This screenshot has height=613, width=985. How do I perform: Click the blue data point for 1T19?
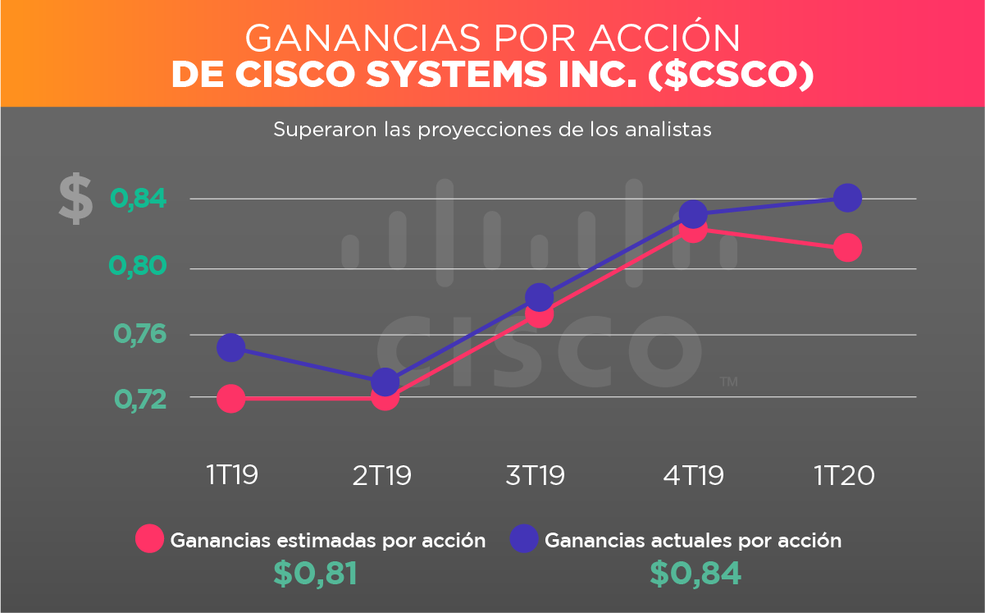[231, 348]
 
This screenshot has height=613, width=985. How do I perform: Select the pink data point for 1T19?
[231, 399]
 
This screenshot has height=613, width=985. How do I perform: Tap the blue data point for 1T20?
[847, 197]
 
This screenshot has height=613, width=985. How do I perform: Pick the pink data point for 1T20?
[847, 247]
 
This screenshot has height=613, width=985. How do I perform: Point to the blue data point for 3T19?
[539, 297]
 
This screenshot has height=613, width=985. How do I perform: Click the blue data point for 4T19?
[693, 214]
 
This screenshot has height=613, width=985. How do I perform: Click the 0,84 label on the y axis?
[139, 199]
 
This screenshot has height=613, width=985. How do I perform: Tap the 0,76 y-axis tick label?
[139, 334]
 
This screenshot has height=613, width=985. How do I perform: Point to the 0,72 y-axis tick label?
[139, 399]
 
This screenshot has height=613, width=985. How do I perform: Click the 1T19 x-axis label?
[232, 475]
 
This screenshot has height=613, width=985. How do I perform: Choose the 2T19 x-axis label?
[382, 475]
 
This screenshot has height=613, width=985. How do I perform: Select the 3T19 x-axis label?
[536, 475]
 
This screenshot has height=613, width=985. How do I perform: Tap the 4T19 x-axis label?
[694, 475]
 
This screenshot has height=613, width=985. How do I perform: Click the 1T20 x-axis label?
[844, 475]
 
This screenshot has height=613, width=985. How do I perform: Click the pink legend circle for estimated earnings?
[150, 539]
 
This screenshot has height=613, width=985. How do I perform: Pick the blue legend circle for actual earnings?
[524, 539]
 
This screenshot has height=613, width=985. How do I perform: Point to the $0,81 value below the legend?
[315, 574]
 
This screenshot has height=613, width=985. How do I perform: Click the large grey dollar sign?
[75, 199]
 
